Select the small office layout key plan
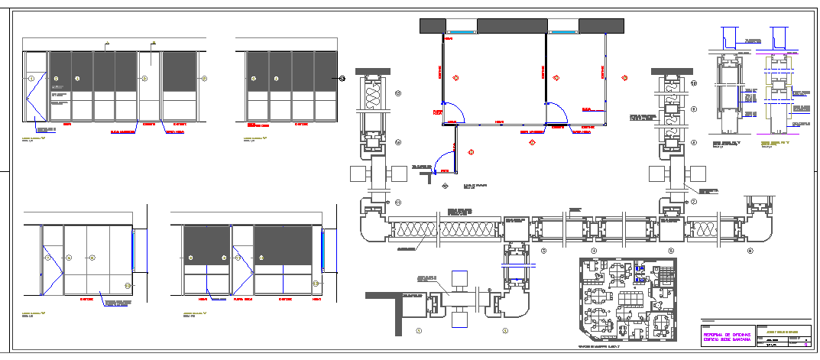coord(627,300)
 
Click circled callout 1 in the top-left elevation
coord(31,79)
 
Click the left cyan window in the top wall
coord(459,32)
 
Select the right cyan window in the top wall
coord(562,32)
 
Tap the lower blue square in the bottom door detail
coord(460,319)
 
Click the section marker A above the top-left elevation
coord(108,43)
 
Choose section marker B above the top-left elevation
coord(154,43)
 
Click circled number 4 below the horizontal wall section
coord(594,250)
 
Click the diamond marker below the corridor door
coord(445,185)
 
